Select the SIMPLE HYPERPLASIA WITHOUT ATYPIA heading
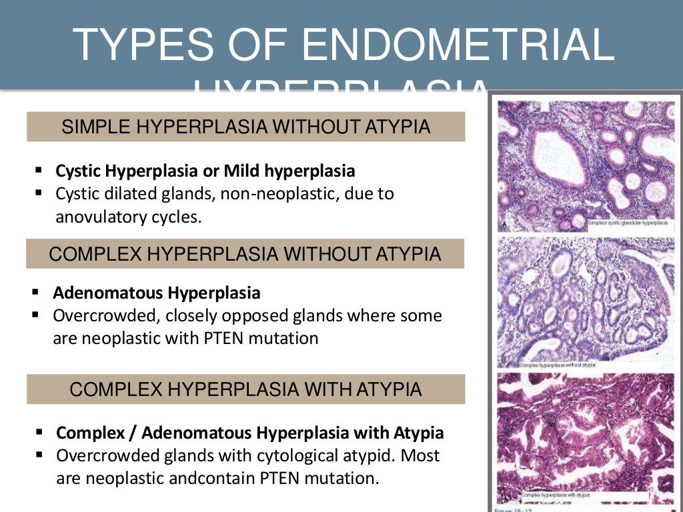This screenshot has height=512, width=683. point(245,127)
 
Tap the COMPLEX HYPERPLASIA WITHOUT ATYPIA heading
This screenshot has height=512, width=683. point(245,254)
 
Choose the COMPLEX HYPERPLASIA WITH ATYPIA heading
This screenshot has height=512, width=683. point(245,389)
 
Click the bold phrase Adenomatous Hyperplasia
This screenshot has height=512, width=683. point(157,293)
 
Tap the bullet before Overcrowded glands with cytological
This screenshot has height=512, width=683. point(39,457)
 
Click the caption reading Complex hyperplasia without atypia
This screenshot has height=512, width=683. point(556,365)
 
